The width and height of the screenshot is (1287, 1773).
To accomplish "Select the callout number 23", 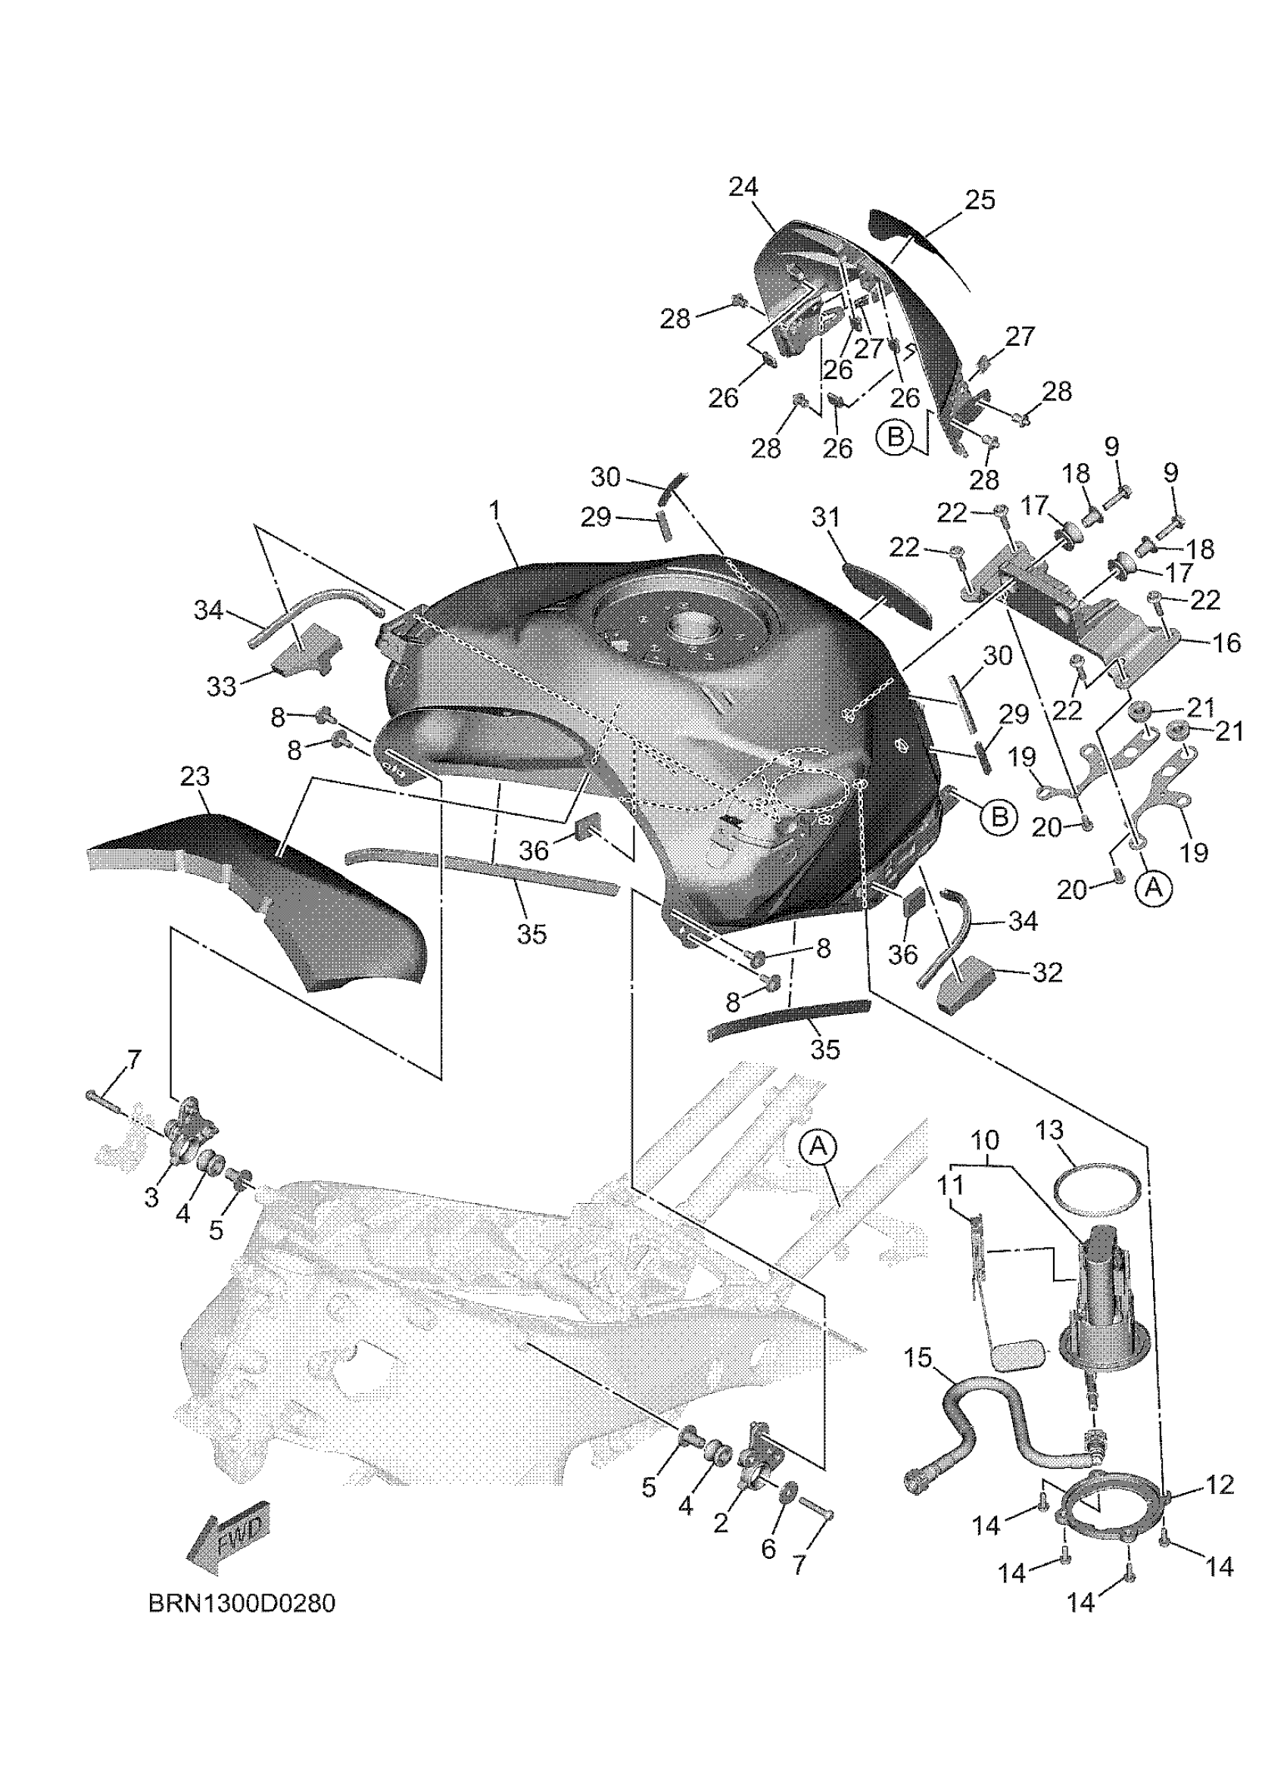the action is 195,776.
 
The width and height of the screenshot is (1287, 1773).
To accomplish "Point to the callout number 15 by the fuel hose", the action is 919,1358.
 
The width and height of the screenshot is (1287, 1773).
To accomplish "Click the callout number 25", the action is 980,200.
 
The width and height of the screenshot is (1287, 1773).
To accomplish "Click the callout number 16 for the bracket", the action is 1226,642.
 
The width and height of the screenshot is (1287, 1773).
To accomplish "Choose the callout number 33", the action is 221,686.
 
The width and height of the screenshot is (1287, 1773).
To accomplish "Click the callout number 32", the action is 1048,972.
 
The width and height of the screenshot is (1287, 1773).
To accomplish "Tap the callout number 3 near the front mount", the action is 151,1198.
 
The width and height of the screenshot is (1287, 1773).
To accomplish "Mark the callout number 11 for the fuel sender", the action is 952,1186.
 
